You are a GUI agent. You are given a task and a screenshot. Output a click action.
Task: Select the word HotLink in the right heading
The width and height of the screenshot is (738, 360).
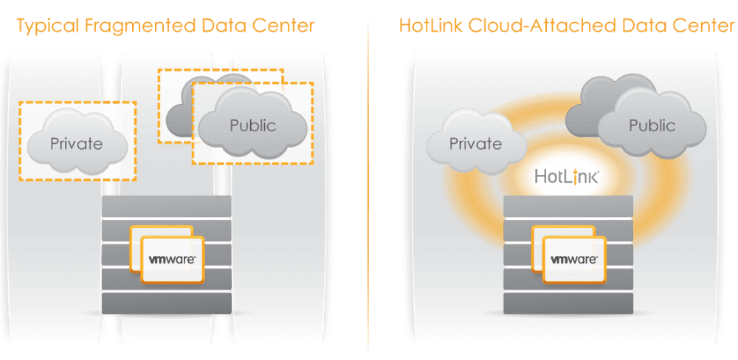tap(429, 27)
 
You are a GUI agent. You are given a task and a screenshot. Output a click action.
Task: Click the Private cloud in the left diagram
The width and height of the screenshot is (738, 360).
tap(77, 142)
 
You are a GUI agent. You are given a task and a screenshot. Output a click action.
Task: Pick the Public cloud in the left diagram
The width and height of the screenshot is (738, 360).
tap(252, 125)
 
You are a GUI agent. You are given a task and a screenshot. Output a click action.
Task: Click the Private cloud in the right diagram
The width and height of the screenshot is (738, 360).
tap(476, 143)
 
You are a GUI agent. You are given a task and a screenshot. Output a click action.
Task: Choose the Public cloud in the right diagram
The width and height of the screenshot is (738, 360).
tap(650, 125)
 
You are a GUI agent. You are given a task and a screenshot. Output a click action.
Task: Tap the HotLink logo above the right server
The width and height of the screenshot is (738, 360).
tap(566, 177)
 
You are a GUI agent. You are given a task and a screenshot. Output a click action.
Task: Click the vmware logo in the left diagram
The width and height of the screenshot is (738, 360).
tap(171, 260)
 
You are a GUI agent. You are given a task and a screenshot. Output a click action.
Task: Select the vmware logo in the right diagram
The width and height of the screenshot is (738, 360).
tap(573, 260)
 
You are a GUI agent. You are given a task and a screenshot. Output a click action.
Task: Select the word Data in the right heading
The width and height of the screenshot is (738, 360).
tap(645, 27)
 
